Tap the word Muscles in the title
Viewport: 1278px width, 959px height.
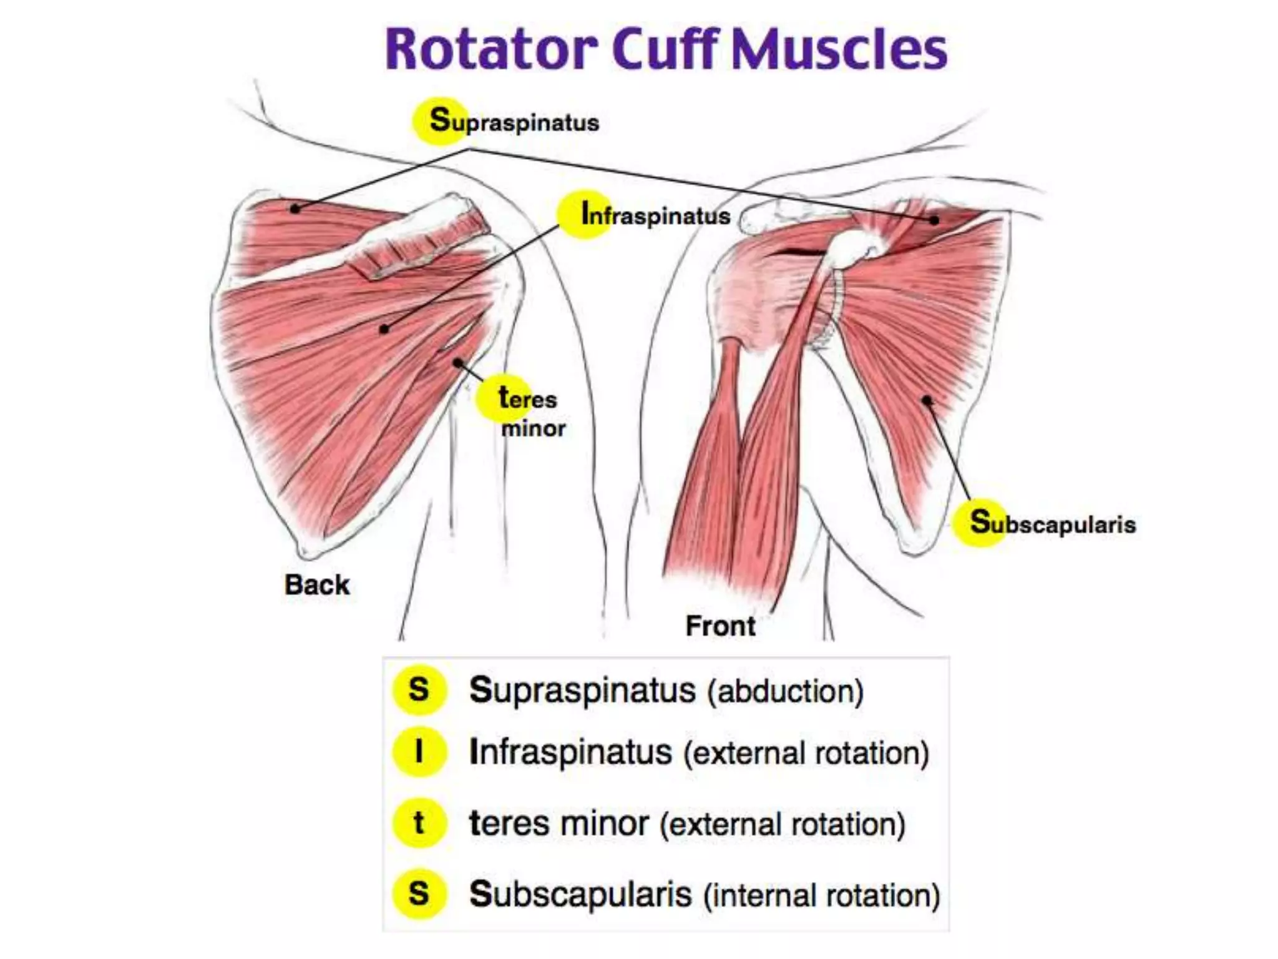click(839, 50)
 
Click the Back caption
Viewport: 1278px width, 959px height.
click(317, 585)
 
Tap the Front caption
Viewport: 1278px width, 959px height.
click(720, 626)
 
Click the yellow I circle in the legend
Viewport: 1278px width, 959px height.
click(419, 752)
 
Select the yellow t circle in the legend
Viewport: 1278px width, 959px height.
click(419, 823)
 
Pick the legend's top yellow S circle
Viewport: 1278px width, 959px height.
click(419, 690)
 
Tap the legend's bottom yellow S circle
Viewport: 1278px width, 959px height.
click(419, 893)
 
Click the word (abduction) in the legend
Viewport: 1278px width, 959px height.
click(785, 691)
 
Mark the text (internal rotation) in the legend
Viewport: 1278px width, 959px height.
click(821, 895)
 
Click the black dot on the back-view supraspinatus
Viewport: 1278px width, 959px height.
click(296, 209)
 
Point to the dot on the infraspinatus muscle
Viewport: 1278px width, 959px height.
click(384, 328)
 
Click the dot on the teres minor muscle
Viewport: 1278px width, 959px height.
click(458, 363)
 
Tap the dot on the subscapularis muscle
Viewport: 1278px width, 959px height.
click(927, 400)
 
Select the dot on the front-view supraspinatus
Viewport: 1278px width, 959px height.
click(934, 220)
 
